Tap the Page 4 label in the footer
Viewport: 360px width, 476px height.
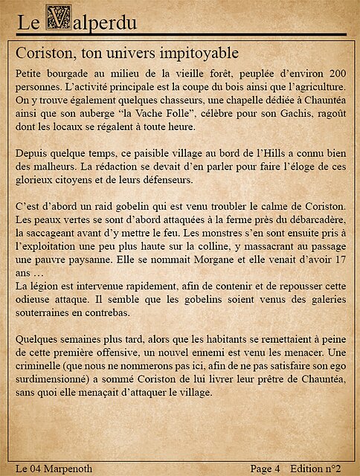(265, 469)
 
